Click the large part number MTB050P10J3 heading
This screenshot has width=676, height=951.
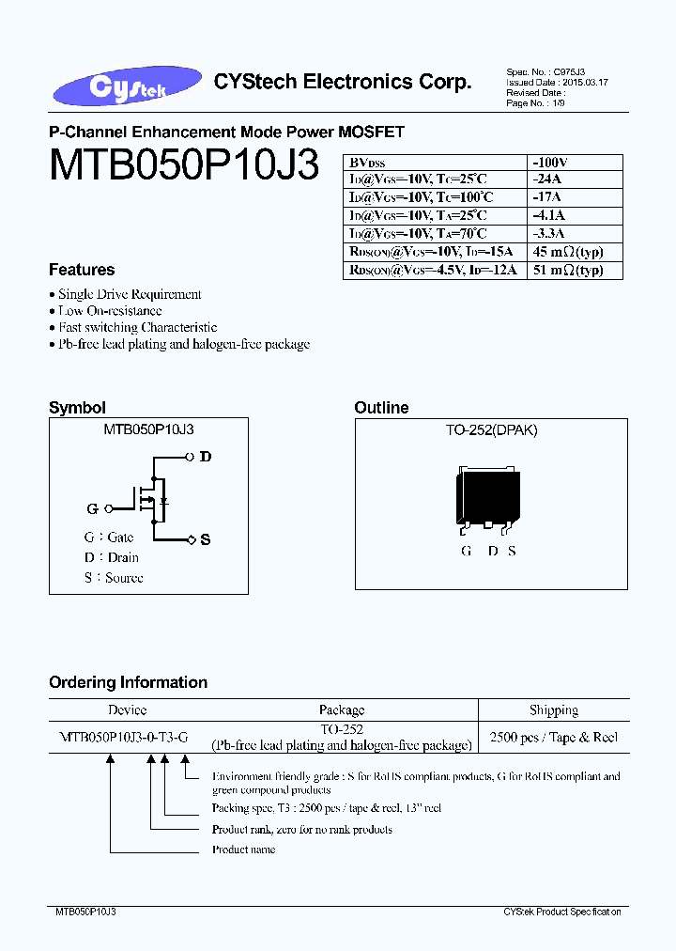(x=184, y=165)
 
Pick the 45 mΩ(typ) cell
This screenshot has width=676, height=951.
(x=567, y=252)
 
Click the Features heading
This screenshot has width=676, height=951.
(x=82, y=270)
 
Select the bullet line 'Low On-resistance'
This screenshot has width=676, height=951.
(x=110, y=311)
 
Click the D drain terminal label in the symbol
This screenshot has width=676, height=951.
(x=205, y=457)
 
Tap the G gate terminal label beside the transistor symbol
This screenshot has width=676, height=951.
(x=92, y=508)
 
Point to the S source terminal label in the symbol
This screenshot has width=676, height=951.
(x=206, y=539)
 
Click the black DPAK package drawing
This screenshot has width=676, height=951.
(x=488, y=494)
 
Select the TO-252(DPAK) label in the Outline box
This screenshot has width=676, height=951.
(x=491, y=430)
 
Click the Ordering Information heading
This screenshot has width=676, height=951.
(x=128, y=682)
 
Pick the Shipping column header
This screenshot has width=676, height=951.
(x=554, y=710)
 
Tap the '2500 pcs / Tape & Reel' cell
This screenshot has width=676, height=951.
(x=554, y=738)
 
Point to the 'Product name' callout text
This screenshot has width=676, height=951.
(x=243, y=850)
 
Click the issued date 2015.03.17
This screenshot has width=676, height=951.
(x=585, y=83)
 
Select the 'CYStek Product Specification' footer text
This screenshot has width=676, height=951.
(x=561, y=912)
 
